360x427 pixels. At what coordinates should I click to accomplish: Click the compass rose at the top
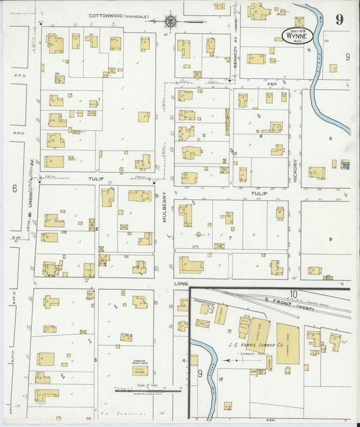click(x=172, y=20)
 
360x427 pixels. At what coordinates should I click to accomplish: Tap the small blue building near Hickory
click(x=346, y=164)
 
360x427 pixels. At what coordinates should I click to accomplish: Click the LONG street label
click(x=179, y=284)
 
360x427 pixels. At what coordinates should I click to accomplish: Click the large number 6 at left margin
click(x=14, y=189)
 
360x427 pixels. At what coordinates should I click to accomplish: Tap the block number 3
click(x=95, y=359)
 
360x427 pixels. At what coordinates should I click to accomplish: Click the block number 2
click(x=97, y=229)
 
